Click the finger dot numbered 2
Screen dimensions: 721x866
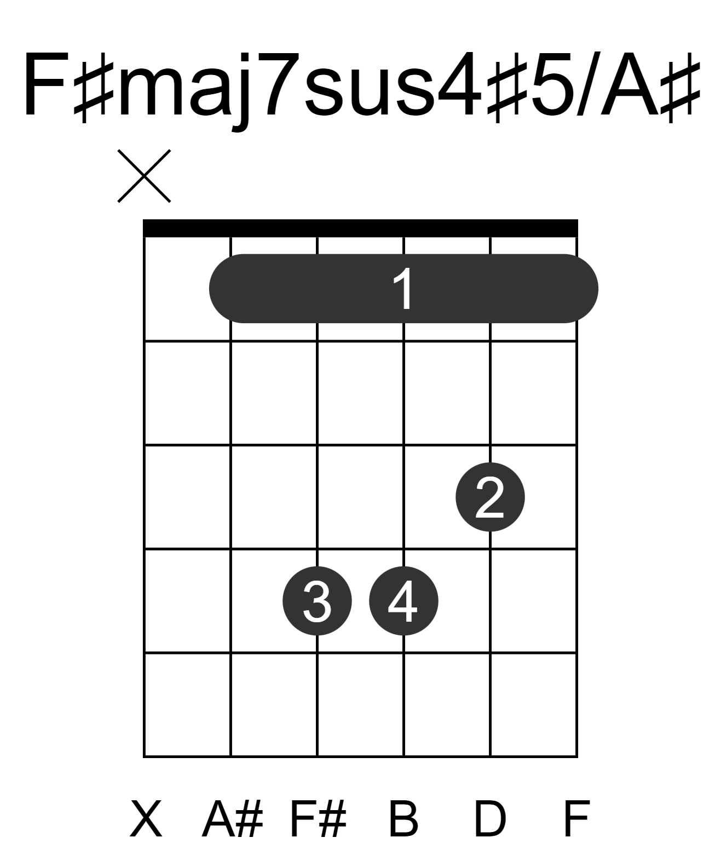[490, 496]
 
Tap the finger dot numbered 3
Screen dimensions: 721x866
[317, 600]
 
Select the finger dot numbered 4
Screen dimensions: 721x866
[403, 600]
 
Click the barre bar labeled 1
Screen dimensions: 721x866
[403, 288]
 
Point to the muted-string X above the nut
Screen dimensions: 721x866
[145, 176]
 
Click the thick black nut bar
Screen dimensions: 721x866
[360, 228]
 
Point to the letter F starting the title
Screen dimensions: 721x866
[46, 84]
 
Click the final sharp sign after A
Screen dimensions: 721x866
[680, 88]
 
